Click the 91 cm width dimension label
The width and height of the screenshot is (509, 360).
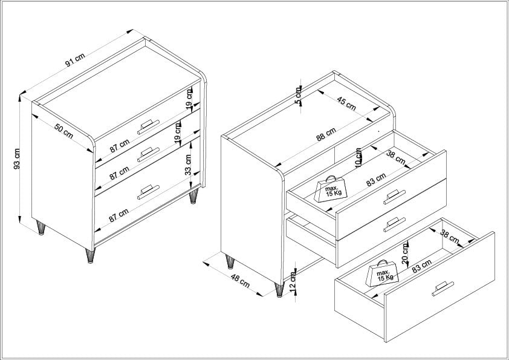75,60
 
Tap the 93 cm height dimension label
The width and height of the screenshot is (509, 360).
17,159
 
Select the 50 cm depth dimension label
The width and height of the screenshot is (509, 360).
63,131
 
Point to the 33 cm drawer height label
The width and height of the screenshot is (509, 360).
188,165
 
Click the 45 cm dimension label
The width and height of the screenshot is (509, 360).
346,103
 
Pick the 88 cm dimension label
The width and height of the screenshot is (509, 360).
326,134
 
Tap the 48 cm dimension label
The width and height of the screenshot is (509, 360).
240,281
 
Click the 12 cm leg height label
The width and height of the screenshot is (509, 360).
293,282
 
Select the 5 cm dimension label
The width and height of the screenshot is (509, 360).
298,96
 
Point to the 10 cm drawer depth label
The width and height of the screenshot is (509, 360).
358,157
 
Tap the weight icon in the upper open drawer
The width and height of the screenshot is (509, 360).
331,189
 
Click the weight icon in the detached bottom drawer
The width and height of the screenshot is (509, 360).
382,273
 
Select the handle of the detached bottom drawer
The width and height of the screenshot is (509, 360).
443,288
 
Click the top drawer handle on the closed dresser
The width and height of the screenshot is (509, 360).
148,126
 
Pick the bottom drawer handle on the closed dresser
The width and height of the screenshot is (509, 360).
148,192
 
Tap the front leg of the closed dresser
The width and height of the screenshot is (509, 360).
90,255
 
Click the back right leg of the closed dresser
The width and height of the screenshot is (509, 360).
194,196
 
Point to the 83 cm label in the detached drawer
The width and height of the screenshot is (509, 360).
422,266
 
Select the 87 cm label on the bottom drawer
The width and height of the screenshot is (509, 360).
118,216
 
